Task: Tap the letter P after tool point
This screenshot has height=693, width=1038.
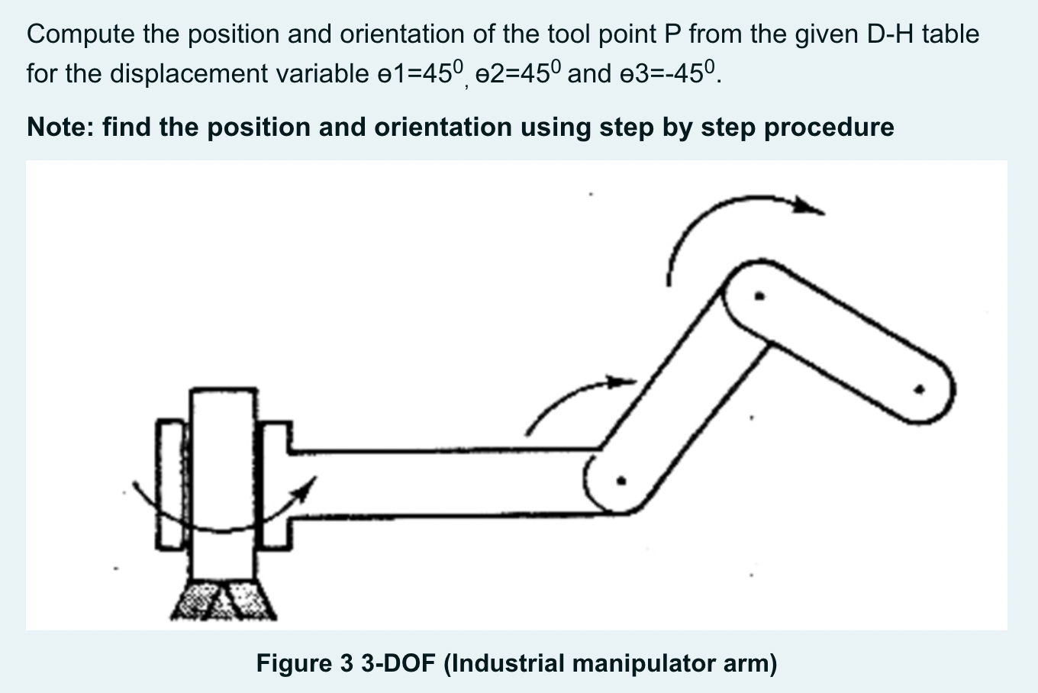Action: (x=678, y=35)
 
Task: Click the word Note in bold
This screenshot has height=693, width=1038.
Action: (x=56, y=127)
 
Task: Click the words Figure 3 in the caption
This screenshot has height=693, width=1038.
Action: (x=304, y=663)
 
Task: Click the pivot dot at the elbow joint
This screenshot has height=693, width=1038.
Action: (x=621, y=482)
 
